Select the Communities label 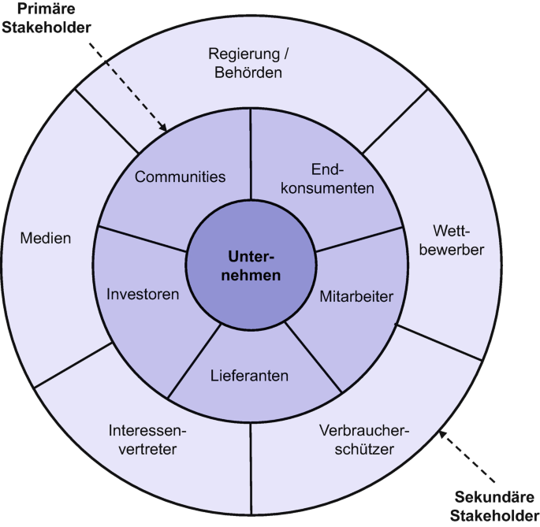pos(180,176)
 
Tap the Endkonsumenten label pos(330,180)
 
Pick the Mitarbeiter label pos(356,297)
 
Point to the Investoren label pos(143,294)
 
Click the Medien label pos(46,238)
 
